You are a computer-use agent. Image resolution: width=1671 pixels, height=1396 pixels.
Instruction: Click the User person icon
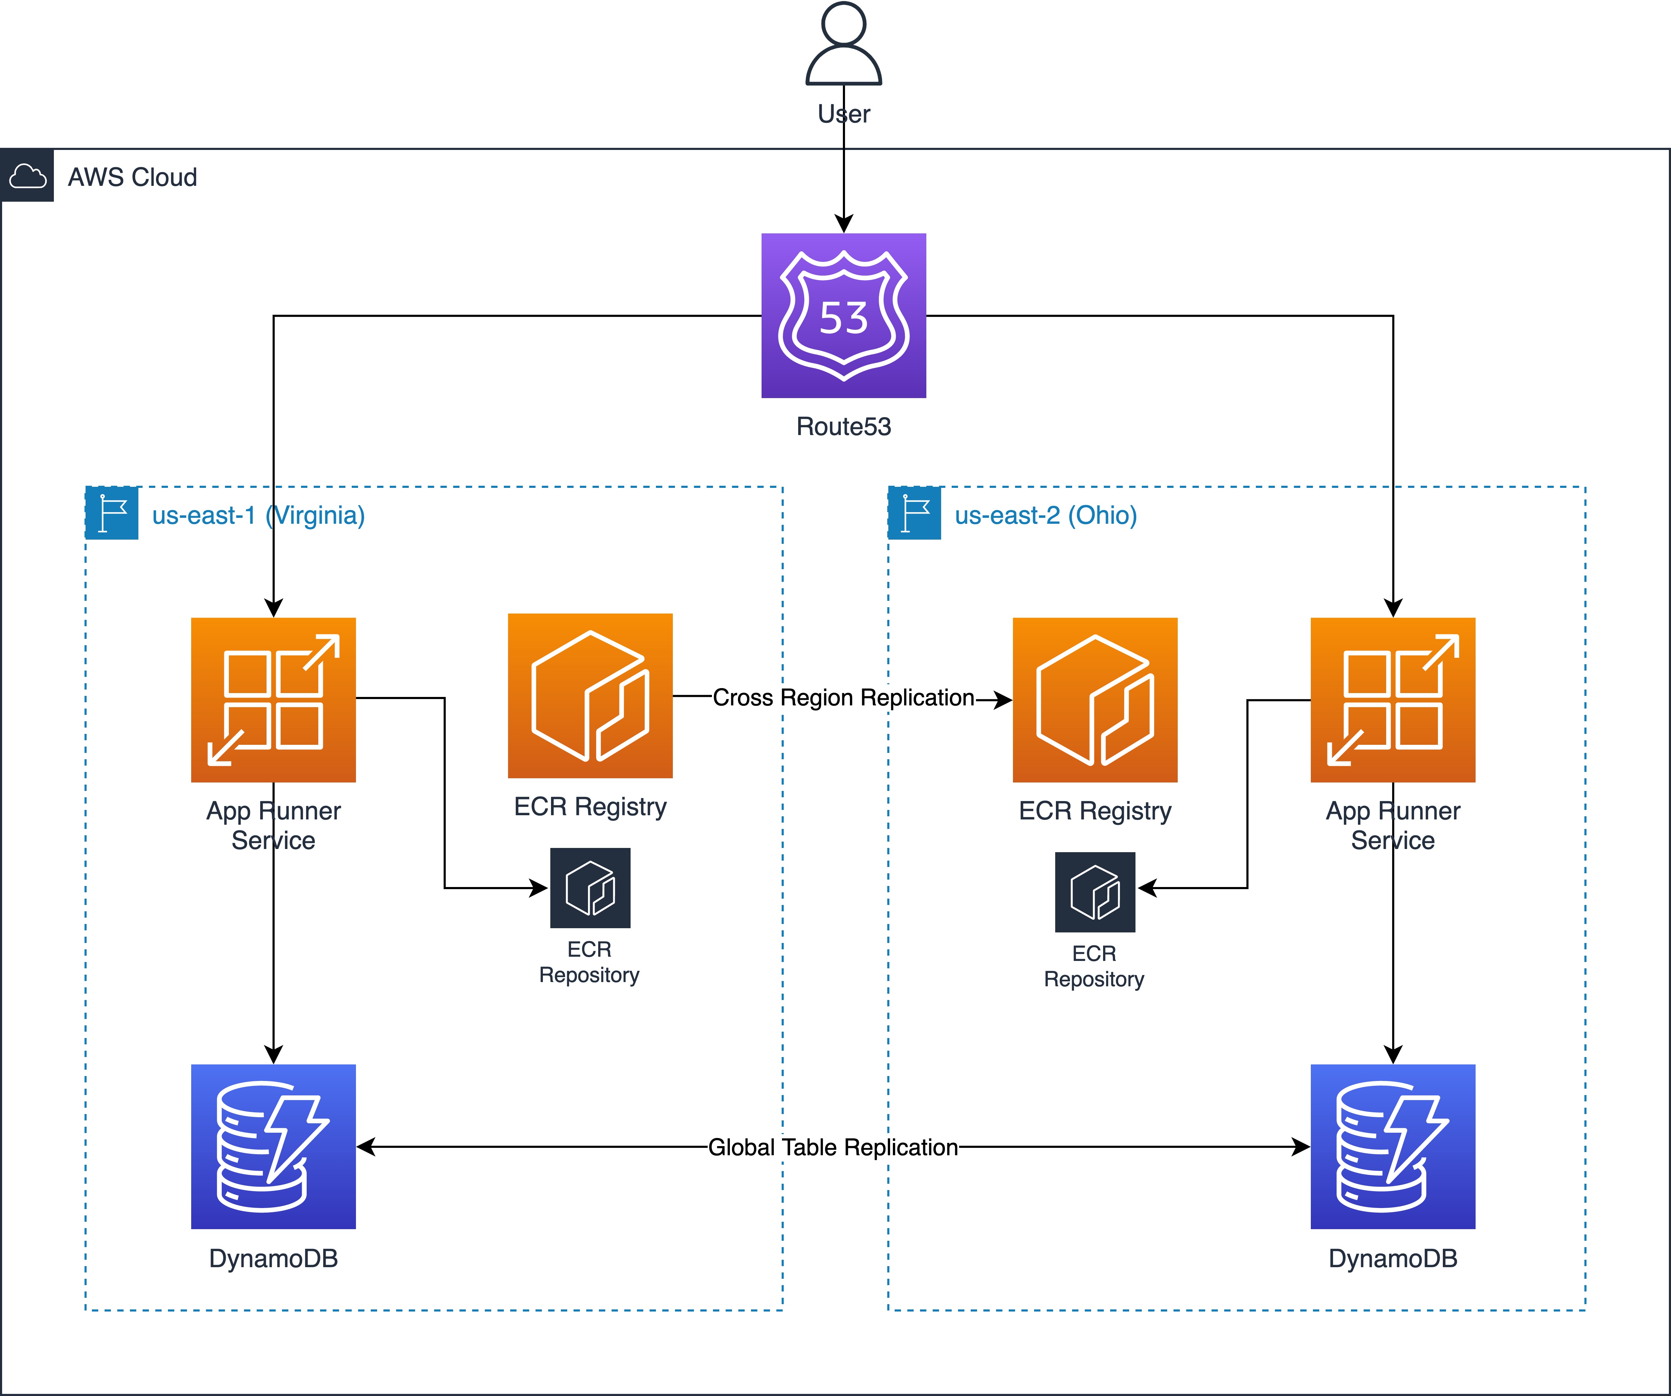(x=844, y=44)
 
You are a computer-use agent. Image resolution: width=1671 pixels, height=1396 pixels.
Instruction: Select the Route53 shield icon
(x=844, y=316)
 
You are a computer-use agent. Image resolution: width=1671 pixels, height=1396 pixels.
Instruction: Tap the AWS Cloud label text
(x=132, y=177)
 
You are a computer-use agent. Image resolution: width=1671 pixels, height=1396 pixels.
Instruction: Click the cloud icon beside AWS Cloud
(x=27, y=176)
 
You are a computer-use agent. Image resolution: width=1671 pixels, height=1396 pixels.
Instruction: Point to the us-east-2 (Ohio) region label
(x=1046, y=515)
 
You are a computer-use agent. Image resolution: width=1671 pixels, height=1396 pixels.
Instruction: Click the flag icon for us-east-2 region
(x=914, y=513)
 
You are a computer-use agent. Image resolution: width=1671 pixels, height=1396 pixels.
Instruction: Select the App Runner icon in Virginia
(x=273, y=700)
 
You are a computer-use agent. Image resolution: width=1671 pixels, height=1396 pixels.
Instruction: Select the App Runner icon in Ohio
(x=1392, y=700)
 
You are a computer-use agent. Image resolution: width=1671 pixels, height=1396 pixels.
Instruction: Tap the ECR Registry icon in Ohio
(x=1095, y=700)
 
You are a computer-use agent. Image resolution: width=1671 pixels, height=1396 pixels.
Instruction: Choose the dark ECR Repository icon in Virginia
(x=590, y=888)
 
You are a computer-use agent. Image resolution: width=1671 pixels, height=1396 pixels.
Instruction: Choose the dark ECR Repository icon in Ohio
(x=1095, y=892)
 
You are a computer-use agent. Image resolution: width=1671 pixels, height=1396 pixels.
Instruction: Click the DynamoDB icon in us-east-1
(x=273, y=1146)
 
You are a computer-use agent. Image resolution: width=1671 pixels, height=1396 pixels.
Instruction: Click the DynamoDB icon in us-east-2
(x=1392, y=1146)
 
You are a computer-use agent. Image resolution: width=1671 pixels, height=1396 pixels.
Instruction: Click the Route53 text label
(x=844, y=426)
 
